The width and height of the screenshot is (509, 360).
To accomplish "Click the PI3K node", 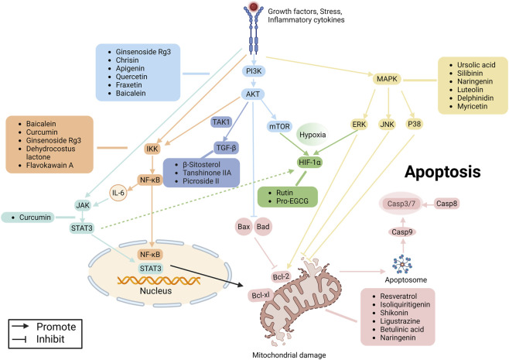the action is click(254, 70).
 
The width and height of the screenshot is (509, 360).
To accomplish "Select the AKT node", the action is click(253, 94).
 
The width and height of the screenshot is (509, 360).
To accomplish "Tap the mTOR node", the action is click(279, 126).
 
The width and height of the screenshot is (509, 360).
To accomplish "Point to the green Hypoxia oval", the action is click(313, 135).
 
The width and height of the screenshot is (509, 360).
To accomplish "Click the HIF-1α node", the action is click(309, 162).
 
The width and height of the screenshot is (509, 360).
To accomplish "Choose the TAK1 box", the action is click(221, 122).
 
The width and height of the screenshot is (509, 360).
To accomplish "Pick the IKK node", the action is click(152, 149).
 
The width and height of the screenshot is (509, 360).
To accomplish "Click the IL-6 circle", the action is click(118, 193).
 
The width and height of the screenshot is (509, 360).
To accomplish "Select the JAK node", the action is click(83, 205).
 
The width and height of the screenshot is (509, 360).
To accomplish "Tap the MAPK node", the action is click(387, 79).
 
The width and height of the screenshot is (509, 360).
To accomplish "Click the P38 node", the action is click(414, 124).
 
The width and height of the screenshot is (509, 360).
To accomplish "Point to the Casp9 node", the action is click(402, 232).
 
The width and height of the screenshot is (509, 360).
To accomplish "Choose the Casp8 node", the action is click(446, 204).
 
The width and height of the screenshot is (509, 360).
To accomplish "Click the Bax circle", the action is click(244, 227).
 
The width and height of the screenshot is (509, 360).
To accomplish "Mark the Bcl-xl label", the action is click(261, 295).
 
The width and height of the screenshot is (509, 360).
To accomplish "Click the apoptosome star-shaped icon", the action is click(402, 264).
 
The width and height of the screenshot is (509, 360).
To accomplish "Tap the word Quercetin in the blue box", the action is click(132, 77).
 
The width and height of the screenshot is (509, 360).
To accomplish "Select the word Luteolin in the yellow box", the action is click(470, 90).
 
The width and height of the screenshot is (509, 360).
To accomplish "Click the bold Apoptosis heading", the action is click(442, 172).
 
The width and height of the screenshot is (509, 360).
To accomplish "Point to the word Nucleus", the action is click(155, 290).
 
